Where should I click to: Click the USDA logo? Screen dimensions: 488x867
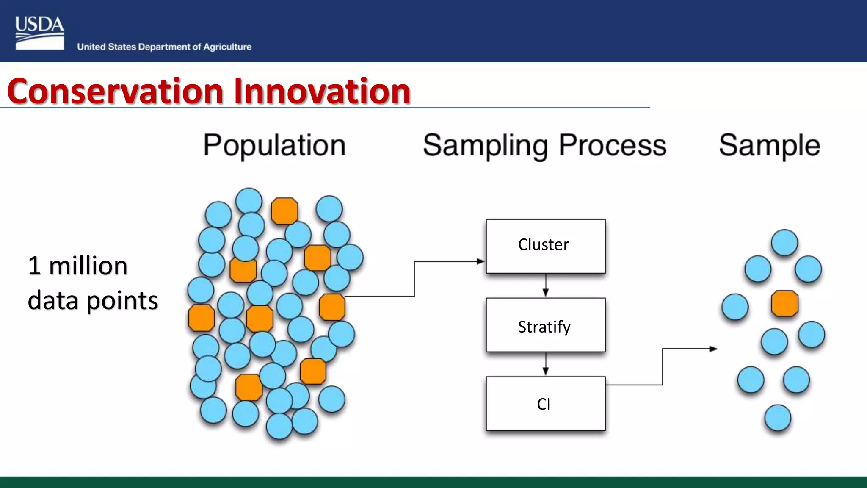(39, 33)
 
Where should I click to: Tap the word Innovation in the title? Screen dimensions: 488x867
(322, 91)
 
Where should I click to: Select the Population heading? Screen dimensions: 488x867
(274, 146)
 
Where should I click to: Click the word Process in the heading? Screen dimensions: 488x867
(613, 146)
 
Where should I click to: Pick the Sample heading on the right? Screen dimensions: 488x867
(769, 146)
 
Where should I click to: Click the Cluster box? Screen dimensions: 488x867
(545, 246)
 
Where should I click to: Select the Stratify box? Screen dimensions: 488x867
(545, 325)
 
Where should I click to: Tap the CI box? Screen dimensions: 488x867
(545, 403)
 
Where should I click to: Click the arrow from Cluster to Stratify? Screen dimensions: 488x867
(546, 286)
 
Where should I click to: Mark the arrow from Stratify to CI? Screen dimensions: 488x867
(546, 364)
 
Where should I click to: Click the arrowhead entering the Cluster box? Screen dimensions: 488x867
(481, 261)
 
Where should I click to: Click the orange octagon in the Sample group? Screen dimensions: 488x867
(784, 303)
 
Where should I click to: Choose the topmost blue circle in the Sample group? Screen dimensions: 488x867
(784, 242)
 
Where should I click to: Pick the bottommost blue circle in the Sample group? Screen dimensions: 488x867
(778, 418)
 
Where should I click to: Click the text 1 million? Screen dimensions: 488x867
(77, 266)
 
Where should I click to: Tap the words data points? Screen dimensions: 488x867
(93, 301)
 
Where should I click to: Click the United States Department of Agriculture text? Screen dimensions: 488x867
(164, 47)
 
